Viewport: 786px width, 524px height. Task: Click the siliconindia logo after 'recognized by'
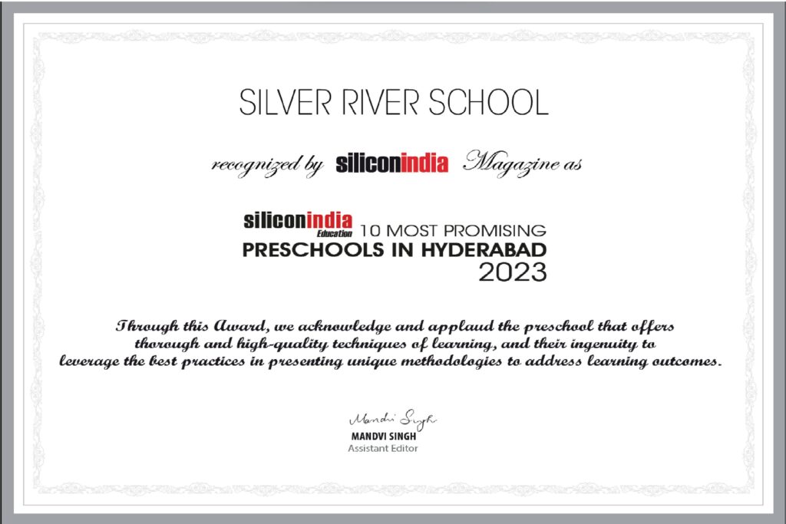coord(391,164)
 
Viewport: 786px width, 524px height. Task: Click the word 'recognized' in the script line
coord(246,165)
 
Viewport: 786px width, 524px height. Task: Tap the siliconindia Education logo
coord(298,223)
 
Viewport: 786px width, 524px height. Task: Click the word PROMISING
coord(500,229)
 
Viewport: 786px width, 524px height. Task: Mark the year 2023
coord(513,272)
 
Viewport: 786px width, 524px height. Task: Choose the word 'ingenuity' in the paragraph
coord(589,344)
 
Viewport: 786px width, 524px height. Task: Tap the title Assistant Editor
coord(383,448)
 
